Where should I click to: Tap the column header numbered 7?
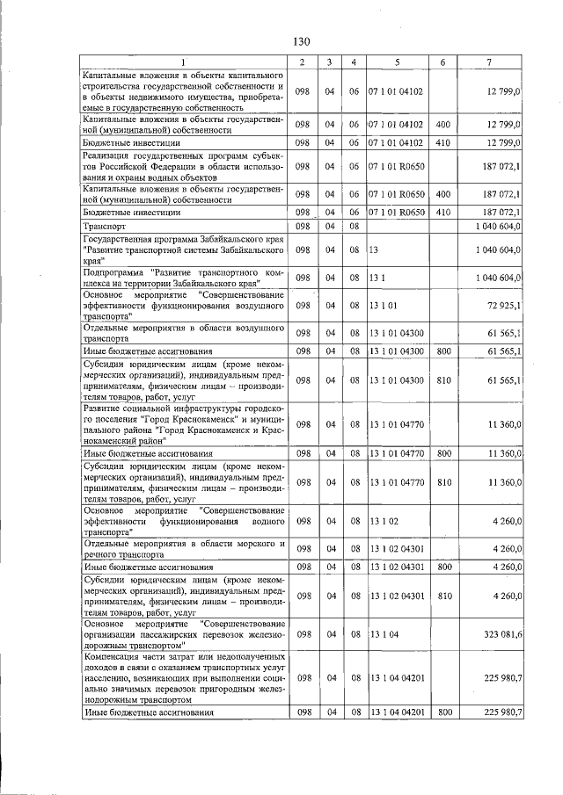click(489, 61)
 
